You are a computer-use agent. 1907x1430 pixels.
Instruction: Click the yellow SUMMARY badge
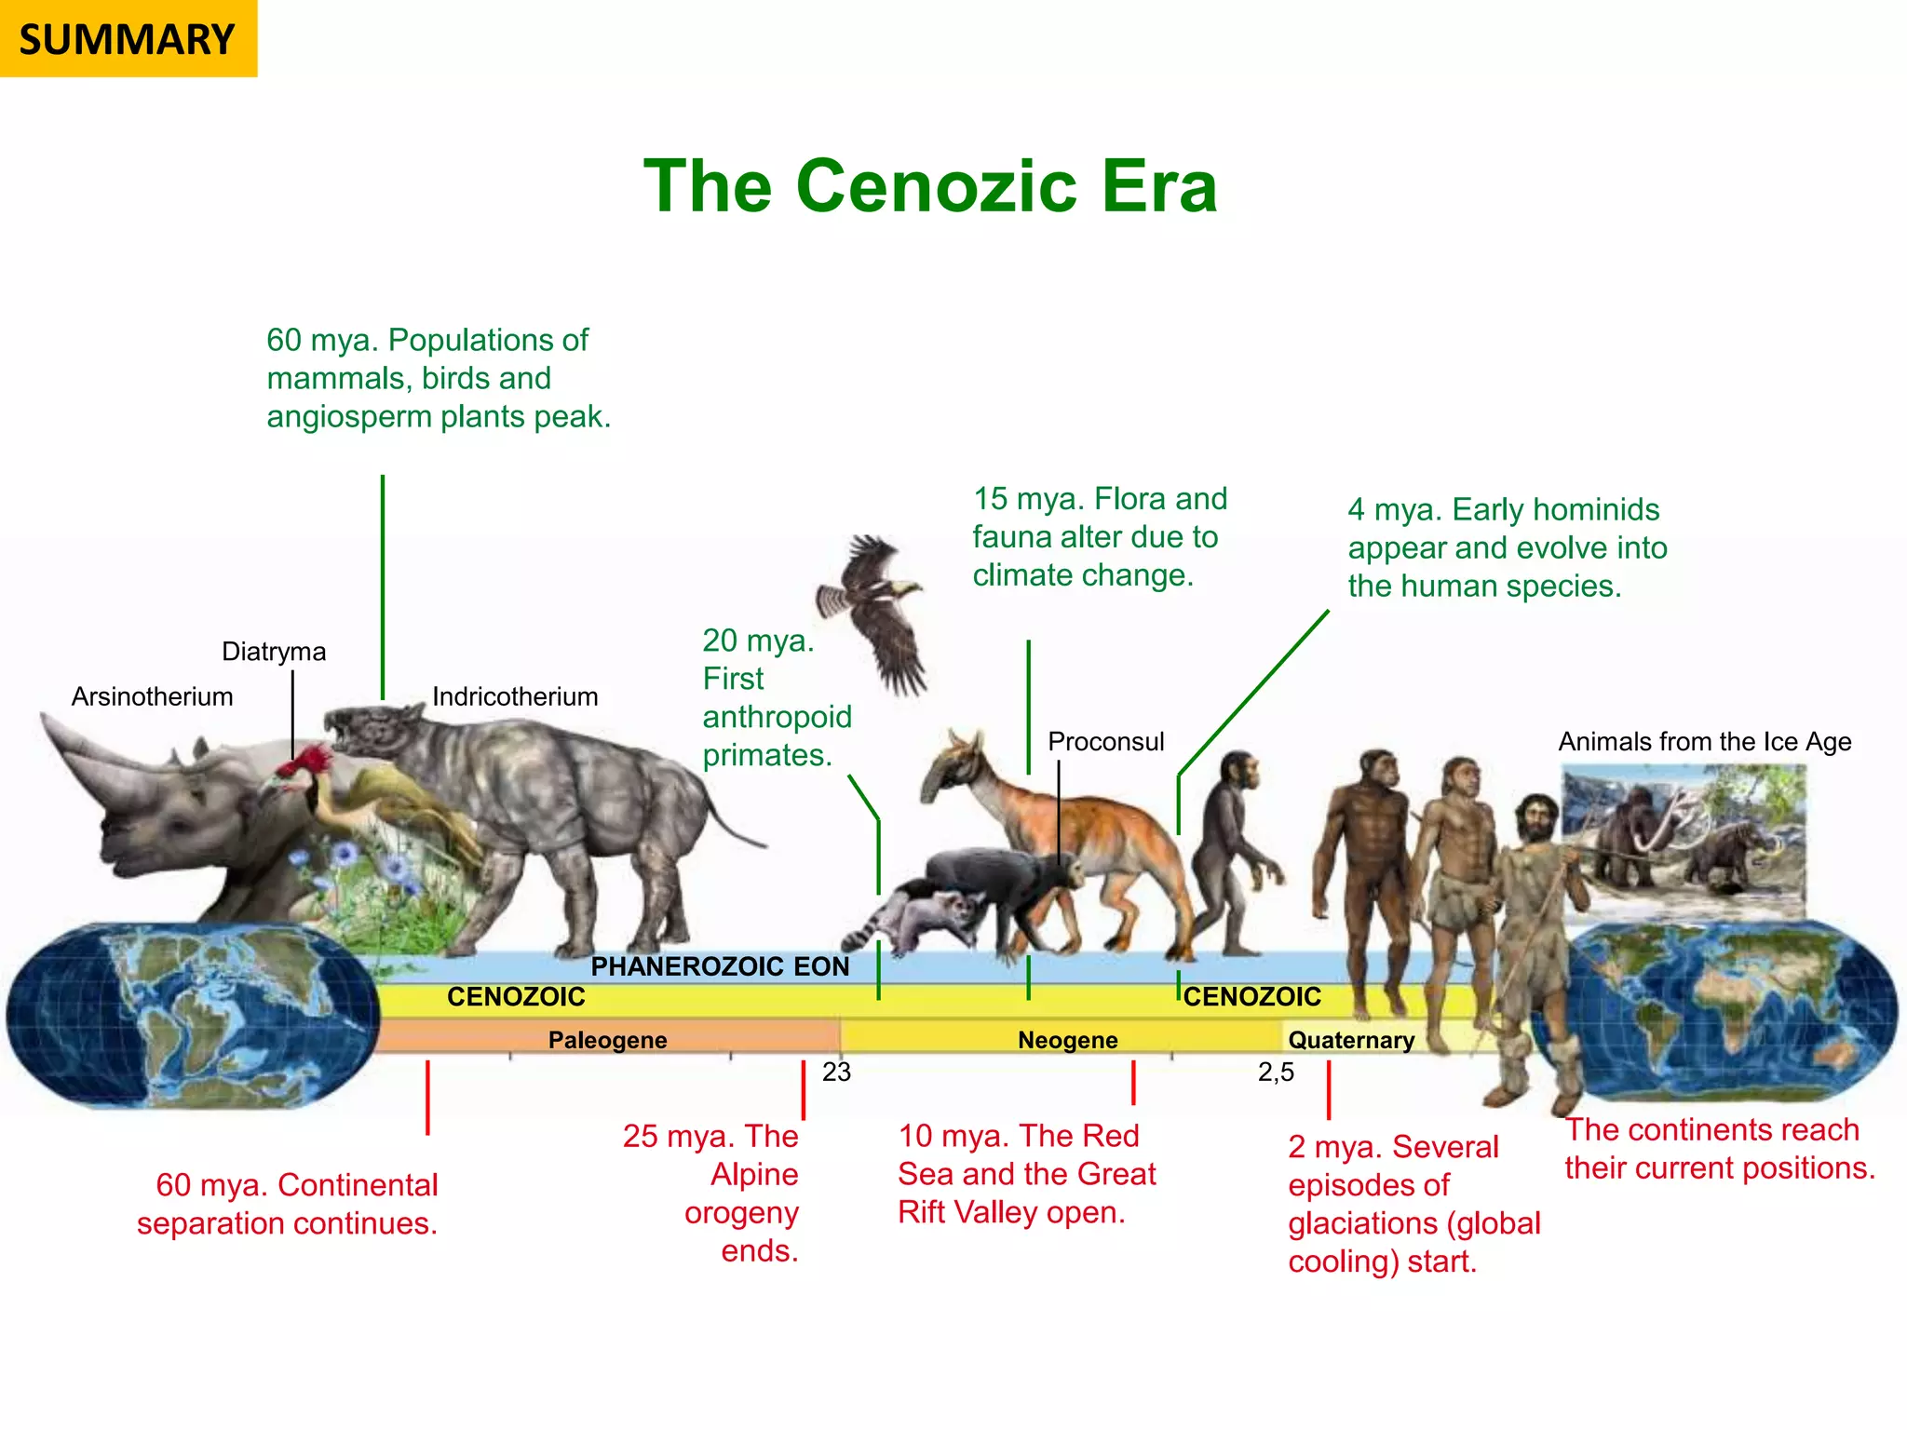(x=128, y=39)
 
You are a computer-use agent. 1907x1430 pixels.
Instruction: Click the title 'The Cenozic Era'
(x=930, y=186)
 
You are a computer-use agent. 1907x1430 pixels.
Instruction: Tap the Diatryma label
(x=274, y=651)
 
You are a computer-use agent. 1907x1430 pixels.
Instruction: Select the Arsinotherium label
(x=152, y=696)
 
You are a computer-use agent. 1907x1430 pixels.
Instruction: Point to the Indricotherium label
(x=515, y=696)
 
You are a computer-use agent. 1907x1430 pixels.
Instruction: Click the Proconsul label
(x=1105, y=741)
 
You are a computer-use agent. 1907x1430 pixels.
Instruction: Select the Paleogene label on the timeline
(x=607, y=1040)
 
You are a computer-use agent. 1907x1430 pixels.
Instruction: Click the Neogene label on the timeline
(x=1067, y=1040)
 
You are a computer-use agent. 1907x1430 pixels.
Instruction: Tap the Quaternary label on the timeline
(x=1350, y=1040)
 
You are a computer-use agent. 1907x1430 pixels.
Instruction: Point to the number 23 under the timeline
(x=836, y=1072)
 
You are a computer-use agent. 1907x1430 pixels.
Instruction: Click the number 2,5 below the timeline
(x=1276, y=1072)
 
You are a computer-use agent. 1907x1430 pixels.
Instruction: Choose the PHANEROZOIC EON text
(x=720, y=966)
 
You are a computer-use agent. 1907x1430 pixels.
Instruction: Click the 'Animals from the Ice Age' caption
(x=1704, y=741)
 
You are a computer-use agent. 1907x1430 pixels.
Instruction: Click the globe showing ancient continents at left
(x=191, y=1015)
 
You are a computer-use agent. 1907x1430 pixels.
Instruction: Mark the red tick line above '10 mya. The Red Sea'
(x=1133, y=1083)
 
